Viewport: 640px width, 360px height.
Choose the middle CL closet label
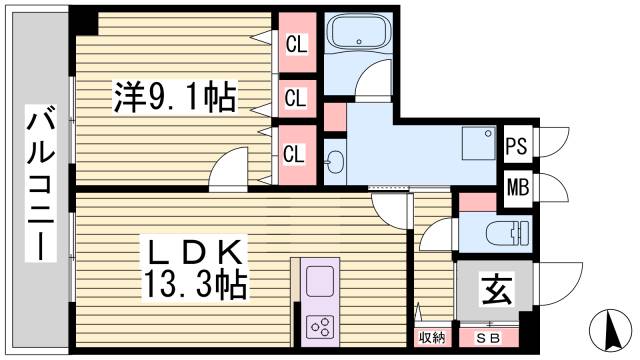(x=296, y=98)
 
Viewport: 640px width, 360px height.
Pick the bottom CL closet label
(x=296, y=154)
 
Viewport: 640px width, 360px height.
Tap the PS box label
(x=516, y=145)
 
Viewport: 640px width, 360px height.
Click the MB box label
(x=516, y=186)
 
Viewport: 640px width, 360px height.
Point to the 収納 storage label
(x=431, y=338)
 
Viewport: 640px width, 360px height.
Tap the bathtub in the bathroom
(x=361, y=34)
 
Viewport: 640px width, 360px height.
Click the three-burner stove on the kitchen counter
(x=322, y=325)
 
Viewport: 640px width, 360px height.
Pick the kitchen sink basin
(x=322, y=280)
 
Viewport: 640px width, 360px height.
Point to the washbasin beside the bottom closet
(x=333, y=160)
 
